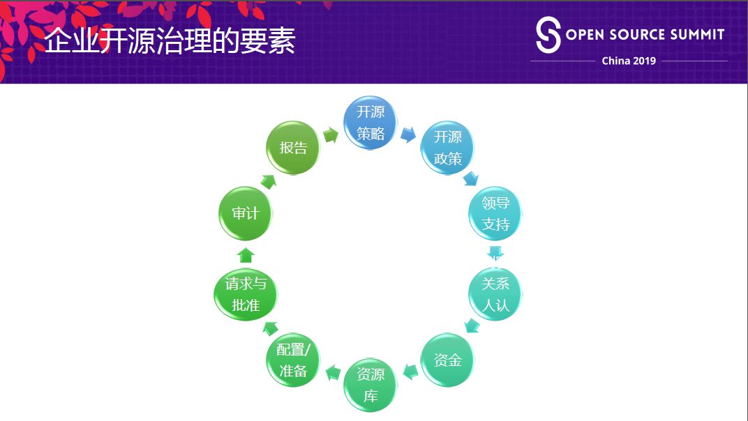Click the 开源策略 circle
pos(371,123)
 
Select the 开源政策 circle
pos(448,148)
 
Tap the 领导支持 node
pos(495,213)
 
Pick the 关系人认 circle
pos(495,294)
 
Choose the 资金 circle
pos(448,360)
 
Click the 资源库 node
pos(371,385)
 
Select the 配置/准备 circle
pos(293,360)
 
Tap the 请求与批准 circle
pos(246,294)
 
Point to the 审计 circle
pos(246,213)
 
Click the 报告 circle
pos(293,148)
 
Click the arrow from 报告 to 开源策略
pos(331,135)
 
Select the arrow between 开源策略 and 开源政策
pos(408,135)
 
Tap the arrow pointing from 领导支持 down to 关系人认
pos(495,252)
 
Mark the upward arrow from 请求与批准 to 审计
pos(246,254)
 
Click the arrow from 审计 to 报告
pos(268,181)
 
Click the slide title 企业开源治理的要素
pos(170,42)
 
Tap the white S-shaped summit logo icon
pos(548,36)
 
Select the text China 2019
pos(629,61)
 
